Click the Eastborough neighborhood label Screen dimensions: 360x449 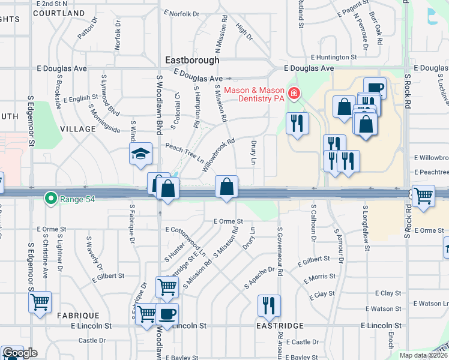[192, 61]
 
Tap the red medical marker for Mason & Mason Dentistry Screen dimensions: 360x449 [294, 93]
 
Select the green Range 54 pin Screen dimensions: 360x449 [51, 197]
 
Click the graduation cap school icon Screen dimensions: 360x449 [140, 154]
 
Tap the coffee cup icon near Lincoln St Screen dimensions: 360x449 [167, 313]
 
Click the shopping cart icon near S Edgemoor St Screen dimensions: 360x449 [40, 302]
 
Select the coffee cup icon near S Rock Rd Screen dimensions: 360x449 [375, 88]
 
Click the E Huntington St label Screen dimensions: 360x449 [334, 58]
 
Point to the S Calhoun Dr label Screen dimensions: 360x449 [313, 222]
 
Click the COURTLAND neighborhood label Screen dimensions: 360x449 [60, 13]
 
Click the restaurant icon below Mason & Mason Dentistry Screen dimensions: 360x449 [297, 124]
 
